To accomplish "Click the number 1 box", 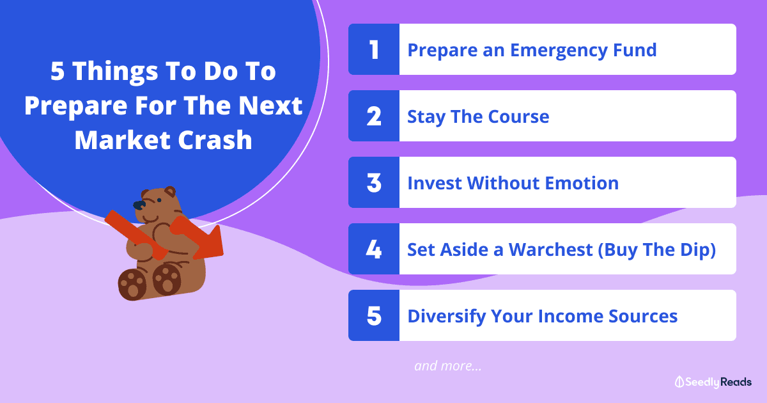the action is coord(374,49).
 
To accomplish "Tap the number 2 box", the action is coord(374,116).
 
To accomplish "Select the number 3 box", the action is coord(374,182).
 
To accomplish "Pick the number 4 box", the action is coord(374,249).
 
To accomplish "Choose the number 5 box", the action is coord(374,315).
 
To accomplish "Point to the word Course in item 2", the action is coord(518,116).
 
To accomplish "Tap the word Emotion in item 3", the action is coord(582,183).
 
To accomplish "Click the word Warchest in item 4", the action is coord(550,249).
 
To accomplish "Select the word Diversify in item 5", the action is coord(447,316).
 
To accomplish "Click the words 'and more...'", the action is coord(448,366).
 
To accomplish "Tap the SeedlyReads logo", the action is coord(713,382).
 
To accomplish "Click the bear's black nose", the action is coord(139,205).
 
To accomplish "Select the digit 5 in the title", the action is coord(57,71).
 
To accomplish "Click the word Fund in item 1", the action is coord(635,50).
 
